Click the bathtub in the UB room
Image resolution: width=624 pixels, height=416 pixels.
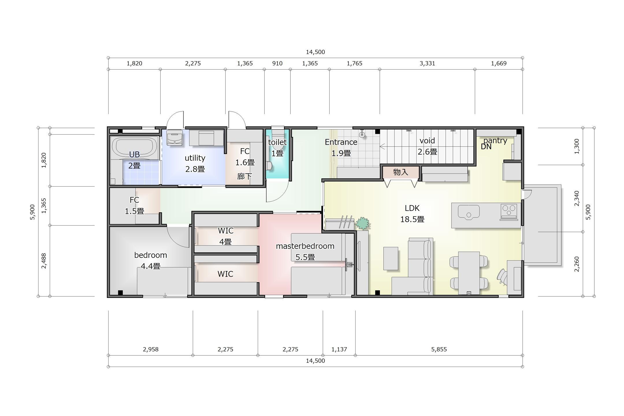tap(135, 148)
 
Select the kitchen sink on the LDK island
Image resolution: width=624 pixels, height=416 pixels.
tap(469, 211)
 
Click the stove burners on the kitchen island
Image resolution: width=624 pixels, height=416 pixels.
tap(509, 211)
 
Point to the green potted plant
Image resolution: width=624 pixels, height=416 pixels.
tap(363, 223)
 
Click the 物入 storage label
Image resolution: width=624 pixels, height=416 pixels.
tap(401, 172)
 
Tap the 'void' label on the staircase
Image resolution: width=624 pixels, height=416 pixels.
tap(427, 141)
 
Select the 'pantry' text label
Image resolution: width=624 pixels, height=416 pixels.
tap(495, 141)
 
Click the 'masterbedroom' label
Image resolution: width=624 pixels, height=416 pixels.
tap(305, 246)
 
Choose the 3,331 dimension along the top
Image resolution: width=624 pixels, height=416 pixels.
tap(427, 63)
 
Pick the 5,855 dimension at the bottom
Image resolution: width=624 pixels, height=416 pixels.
tap(439, 349)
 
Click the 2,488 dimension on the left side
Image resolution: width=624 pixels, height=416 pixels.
tap(44, 261)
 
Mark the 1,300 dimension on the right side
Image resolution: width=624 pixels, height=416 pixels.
tap(577, 146)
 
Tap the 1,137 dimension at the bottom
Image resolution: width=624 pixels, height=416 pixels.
tap(339, 349)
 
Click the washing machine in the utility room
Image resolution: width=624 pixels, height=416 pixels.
tap(175, 137)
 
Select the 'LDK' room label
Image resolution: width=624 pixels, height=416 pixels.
tap(412, 208)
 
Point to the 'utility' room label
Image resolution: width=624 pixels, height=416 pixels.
tap(195, 158)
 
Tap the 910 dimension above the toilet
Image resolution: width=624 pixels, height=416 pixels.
tap(277, 63)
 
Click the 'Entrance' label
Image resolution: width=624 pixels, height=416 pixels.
tap(341, 142)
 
